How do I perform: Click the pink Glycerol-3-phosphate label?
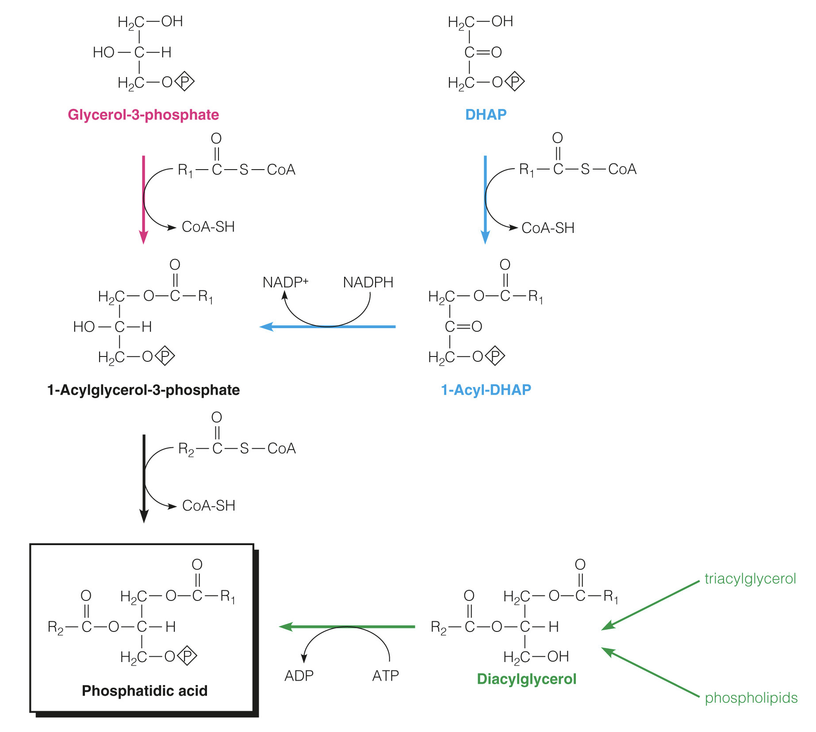[x=143, y=115]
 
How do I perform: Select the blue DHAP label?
[x=486, y=115]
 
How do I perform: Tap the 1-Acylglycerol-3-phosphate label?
[x=143, y=390]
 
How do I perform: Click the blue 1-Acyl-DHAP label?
[x=486, y=390]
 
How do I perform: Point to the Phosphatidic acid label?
[x=145, y=690]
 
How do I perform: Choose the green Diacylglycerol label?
[x=526, y=679]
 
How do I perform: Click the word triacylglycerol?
[x=750, y=578]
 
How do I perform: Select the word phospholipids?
[x=751, y=697]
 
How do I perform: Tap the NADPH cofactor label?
[x=368, y=282]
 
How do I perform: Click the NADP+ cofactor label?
[x=285, y=282]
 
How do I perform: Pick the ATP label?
[x=385, y=676]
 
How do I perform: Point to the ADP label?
[x=299, y=676]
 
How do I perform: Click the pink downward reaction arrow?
[x=143, y=199]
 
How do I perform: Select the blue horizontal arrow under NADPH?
[x=327, y=327]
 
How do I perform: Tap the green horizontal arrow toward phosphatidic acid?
[x=347, y=627]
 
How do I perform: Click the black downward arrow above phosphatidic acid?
[x=144, y=478]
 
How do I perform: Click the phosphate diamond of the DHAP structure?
[x=515, y=82]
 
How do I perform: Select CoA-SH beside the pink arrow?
[x=208, y=227]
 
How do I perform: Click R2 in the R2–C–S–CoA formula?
[x=186, y=449]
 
